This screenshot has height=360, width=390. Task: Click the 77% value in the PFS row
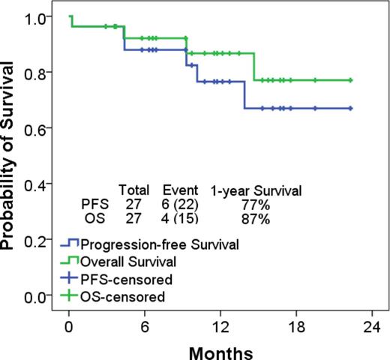tap(256, 205)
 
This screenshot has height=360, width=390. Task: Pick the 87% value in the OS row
tap(256, 218)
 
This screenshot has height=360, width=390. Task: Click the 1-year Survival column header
tap(256, 191)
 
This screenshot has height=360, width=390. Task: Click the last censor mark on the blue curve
tap(350, 108)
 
